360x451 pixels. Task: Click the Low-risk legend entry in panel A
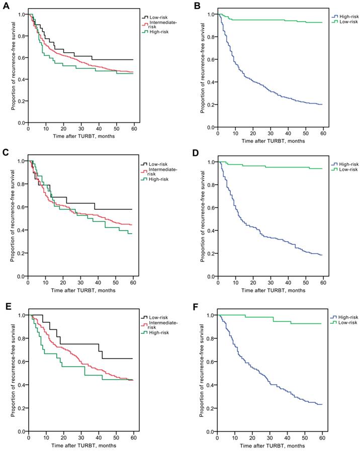[x=158, y=17]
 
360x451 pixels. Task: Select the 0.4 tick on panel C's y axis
[x=21, y=230]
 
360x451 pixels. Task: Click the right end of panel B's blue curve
[x=322, y=104]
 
